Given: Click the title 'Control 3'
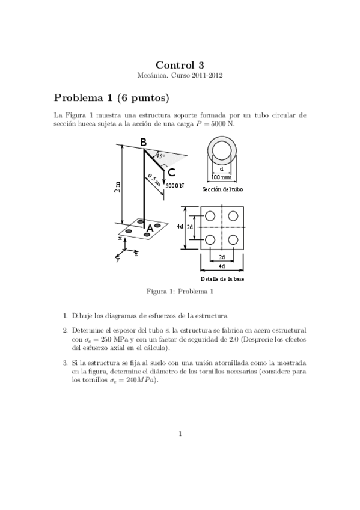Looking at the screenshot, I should click(x=180, y=65).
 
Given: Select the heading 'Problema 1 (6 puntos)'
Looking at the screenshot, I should click(x=111, y=97).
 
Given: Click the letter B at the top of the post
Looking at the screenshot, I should click(x=143, y=143).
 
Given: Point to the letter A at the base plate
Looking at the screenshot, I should click(x=150, y=229).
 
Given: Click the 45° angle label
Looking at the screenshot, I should click(x=160, y=156).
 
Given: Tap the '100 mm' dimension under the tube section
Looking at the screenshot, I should click(x=222, y=177).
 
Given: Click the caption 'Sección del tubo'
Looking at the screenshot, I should click(x=222, y=189).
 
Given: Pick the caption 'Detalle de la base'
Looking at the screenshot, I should click(x=222, y=279).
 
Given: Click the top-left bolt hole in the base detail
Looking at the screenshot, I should click(x=210, y=216).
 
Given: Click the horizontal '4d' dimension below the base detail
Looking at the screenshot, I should click(x=222, y=266).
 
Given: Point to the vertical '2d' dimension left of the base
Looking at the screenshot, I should click(x=189, y=227).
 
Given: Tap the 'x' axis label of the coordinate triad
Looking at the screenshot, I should click(x=120, y=238).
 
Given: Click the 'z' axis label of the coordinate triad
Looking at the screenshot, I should click(x=136, y=255).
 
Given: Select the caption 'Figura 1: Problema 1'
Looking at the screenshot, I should click(x=180, y=292).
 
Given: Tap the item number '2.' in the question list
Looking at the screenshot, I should click(x=65, y=331).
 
